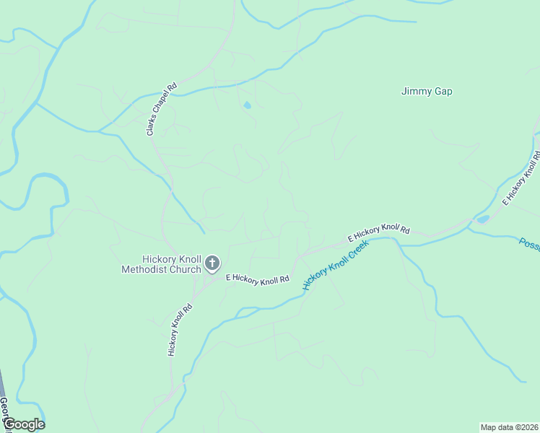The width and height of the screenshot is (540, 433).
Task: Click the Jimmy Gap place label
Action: (x=431, y=92)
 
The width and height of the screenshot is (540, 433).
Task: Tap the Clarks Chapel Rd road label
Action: (x=161, y=110)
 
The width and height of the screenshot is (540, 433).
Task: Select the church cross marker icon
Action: (x=212, y=263)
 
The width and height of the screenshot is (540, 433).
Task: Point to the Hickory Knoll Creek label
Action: (x=336, y=265)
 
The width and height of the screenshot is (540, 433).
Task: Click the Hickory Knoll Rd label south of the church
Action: (x=180, y=329)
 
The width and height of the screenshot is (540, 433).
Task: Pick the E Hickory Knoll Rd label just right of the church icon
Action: (x=257, y=279)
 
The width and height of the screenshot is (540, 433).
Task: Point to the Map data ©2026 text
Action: (x=509, y=427)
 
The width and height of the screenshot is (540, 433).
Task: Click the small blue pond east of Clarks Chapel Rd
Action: (x=248, y=105)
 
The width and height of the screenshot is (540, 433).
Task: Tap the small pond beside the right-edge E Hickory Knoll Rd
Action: (x=482, y=219)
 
